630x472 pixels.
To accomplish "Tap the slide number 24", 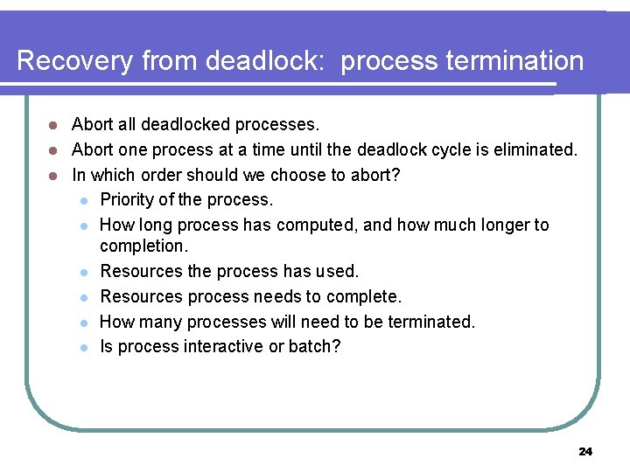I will point(585,451).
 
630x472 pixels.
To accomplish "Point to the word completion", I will point(143,246).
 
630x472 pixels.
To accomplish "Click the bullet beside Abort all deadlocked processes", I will point(52,126).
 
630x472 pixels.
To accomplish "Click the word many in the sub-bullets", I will point(161,322).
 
